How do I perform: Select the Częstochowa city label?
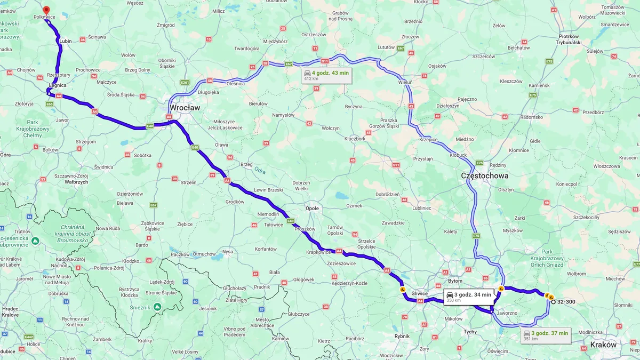pyautogui.click(x=485, y=175)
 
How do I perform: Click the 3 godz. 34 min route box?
pyautogui.click(x=469, y=297)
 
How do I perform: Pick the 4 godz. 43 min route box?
pyautogui.click(x=327, y=75)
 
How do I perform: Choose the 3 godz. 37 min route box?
pyautogui.click(x=546, y=335)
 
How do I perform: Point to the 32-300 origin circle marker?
pyautogui.click(x=553, y=302)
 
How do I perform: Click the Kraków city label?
pyautogui.click(x=603, y=345)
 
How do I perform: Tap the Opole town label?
pyautogui.click(x=312, y=209)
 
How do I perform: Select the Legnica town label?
pyautogui.click(x=57, y=85)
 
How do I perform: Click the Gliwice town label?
pyautogui.click(x=420, y=293)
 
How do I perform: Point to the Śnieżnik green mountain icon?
pyautogui.click(x=157, y=307)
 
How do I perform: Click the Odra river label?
pyautogui.click(x=260, y=171)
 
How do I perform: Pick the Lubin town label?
pyautogui.click(x=66, y=41)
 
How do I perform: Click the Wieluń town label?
pyautogui.click(x=405, y=83)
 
